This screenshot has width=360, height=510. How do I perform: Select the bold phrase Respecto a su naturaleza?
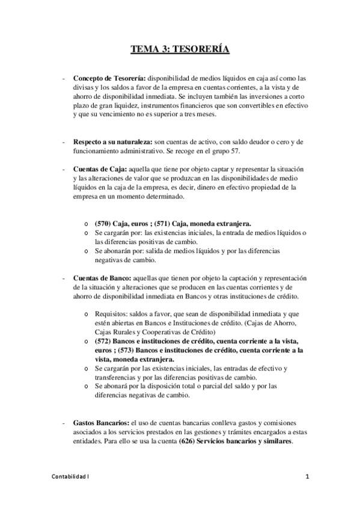coord(112,141)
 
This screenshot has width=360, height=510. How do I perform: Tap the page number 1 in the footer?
coord(308,477)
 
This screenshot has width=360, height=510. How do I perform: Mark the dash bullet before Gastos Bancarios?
coord(64,423)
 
